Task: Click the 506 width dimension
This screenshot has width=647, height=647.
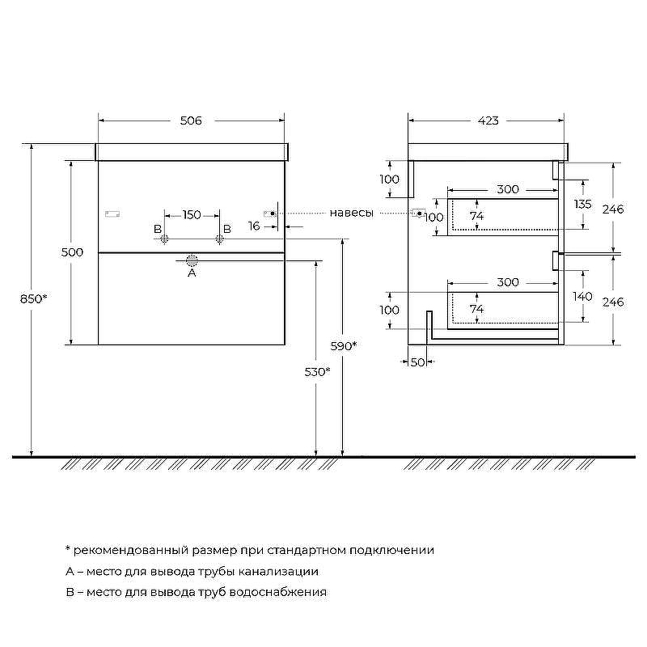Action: click(191, 121)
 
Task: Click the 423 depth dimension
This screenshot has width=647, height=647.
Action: click(488, 121)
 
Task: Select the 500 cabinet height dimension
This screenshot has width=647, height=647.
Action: click(72, 252)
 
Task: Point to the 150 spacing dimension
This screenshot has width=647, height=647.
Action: click(192, 214)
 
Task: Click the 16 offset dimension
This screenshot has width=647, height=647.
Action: click(254, 226)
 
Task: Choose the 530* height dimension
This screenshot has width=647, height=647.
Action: click(317, 371)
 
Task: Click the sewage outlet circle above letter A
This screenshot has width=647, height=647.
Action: click(192, 260)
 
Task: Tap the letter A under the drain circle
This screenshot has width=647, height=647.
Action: click(192, 273)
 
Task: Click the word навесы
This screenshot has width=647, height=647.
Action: click(352, 214)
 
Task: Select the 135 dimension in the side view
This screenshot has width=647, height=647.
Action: click(582, 203)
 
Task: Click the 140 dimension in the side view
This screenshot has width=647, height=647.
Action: click(582, 296)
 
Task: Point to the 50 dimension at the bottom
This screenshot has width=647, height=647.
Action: click(417, 362)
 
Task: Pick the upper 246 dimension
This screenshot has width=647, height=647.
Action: click(614, 209)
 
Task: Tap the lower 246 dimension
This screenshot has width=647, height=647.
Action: click(614, 302)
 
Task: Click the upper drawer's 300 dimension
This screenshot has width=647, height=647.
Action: click(507, 189)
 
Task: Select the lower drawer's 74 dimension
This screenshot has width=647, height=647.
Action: click(476, 309)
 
